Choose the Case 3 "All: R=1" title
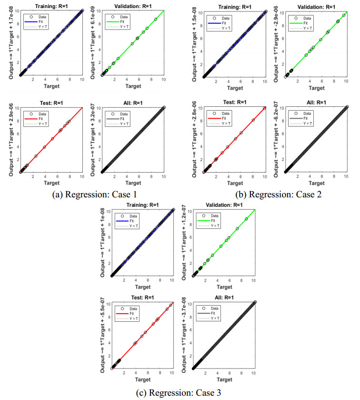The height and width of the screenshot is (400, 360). coord(223,298)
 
